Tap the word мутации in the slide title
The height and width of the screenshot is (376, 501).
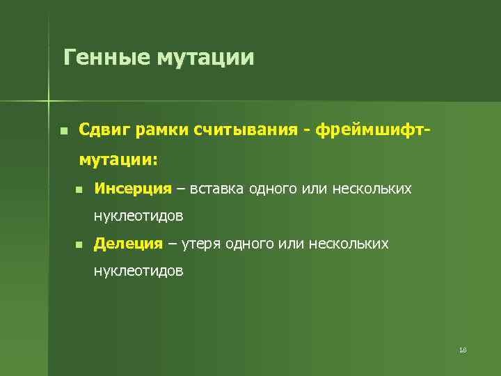(x=205, y=56)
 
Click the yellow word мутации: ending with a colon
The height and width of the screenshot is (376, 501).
(x=119, y=159)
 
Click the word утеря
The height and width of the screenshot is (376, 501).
(x=202, y=244)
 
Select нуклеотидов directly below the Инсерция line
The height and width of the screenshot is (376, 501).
(x=139, y=216)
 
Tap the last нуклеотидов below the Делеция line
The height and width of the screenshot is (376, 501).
(x=139, y=272)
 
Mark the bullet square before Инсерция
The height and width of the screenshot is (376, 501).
(x=79, y=189)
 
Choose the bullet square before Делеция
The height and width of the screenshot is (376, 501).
(x=79, y=244)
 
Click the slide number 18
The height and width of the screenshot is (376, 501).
(x=463, y=350)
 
